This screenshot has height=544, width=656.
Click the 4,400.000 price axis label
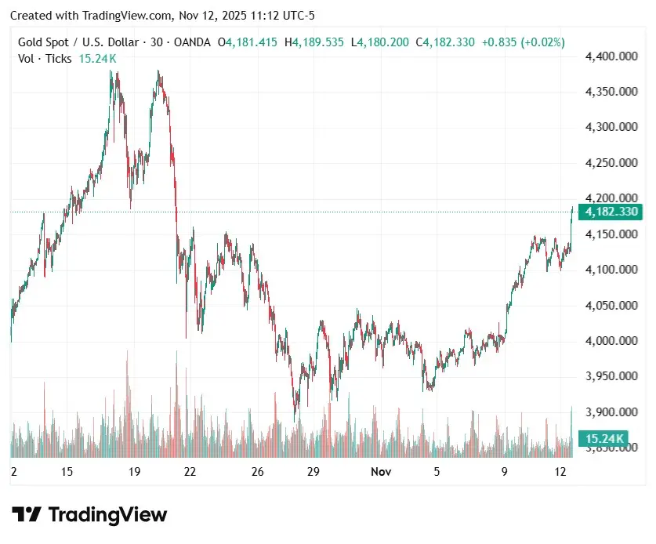point(610,56)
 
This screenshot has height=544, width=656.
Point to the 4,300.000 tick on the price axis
point(610,127)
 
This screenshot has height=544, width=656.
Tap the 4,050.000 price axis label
point(610,306)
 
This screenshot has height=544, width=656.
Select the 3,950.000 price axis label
point(610,376)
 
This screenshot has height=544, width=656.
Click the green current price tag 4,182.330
point(610,212)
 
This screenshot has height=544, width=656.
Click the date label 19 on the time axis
point(134,472)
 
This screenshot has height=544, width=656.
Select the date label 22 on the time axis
point(190,472)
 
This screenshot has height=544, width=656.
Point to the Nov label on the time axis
point(381,472)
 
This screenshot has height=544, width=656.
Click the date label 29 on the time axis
point(313,472)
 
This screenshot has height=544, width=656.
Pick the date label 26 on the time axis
point(259,472)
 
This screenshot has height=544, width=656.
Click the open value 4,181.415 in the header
point(251,42)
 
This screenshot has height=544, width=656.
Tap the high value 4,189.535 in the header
point(317,42)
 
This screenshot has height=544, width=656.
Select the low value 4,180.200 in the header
point(382,42)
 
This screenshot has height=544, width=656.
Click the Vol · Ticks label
point(45,59)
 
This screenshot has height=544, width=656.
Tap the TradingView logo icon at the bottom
point(27,515)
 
